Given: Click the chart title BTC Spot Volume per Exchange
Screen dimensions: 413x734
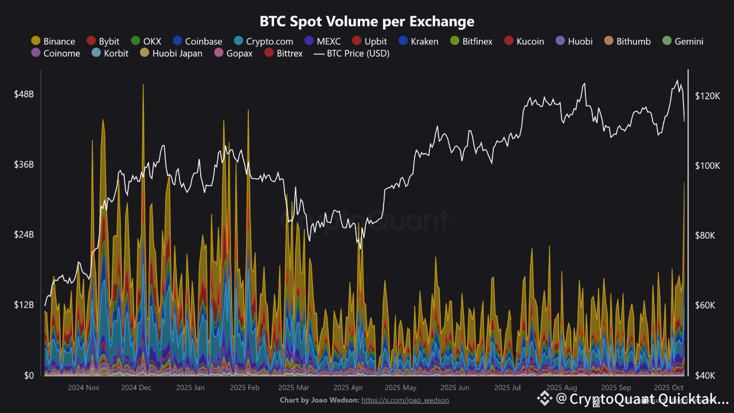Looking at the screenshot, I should (367, 22).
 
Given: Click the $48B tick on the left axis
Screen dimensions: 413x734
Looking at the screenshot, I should (24, 95).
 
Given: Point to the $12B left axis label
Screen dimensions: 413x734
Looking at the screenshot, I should (24, 305).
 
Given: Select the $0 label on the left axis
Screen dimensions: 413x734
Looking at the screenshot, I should (28, 376).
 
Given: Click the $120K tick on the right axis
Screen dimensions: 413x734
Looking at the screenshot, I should (706, 96).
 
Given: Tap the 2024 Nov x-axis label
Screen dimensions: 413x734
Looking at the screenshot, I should (84, 388).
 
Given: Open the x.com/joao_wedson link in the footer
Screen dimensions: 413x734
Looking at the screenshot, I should (405, 400).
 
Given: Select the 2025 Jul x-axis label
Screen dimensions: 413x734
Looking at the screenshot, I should (507, 388).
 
